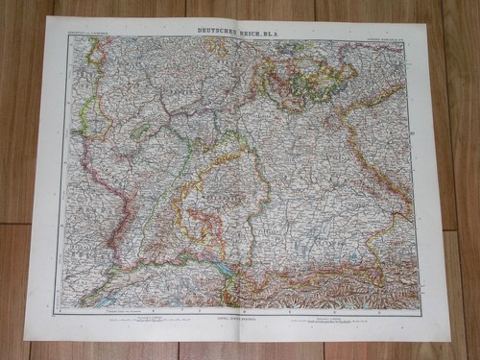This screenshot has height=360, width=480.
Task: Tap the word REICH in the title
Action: tap(252, 31)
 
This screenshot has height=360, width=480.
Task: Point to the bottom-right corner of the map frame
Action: tap(421, 309)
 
